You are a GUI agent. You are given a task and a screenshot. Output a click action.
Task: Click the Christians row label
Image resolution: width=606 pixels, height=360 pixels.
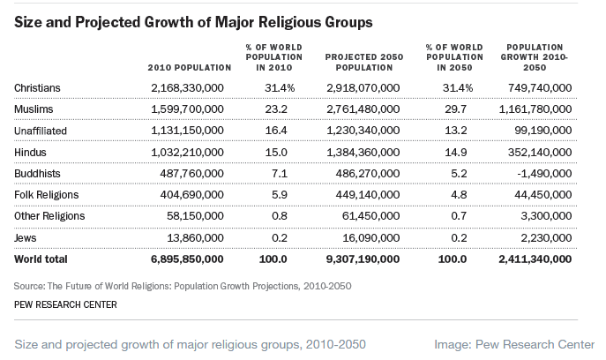(36, 87)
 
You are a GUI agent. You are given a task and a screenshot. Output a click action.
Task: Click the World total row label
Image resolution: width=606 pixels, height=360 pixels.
(41, 259)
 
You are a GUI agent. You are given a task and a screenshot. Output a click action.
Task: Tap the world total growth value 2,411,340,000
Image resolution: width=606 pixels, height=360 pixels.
(533, 259)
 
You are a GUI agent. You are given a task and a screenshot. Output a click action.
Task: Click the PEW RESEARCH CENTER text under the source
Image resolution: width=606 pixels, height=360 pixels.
(65, 304)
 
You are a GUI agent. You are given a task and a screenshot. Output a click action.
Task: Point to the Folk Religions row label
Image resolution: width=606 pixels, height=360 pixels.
(46, 195)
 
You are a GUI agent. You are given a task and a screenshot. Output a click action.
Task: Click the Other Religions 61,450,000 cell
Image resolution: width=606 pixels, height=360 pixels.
(370, 216)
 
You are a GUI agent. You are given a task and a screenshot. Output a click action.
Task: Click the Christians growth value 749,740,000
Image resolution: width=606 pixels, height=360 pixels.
(535, 87)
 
